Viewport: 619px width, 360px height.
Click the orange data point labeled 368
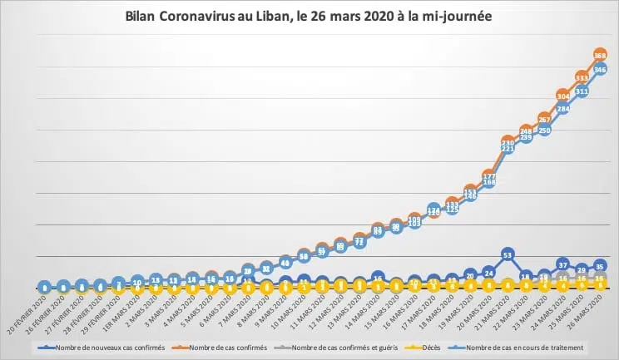[600, 54]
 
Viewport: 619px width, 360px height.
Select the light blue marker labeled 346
[600, 69]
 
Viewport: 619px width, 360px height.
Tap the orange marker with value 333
[582, 76]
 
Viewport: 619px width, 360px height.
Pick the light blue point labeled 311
[582, 91]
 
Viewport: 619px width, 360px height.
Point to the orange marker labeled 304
[563, 95]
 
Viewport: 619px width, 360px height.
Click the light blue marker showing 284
[563, 109]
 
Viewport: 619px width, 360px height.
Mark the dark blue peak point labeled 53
[508, 254]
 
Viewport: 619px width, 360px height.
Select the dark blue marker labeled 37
[563, 264]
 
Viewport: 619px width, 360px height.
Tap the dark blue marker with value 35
[600, 266]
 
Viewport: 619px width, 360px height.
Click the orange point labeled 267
[545, 118]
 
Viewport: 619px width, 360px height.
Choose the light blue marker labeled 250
[545, 131]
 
